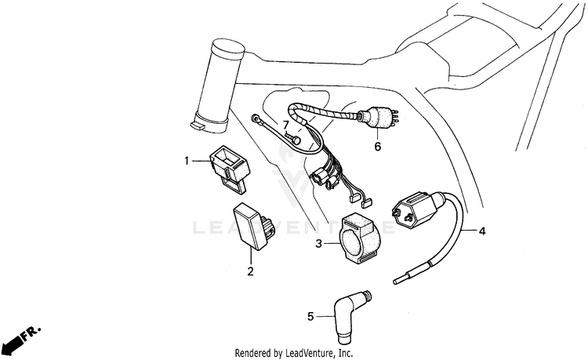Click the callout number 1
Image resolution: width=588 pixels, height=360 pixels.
tap(187, 162)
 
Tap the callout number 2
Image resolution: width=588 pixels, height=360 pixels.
tap(251, 272)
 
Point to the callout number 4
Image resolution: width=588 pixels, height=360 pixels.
tap(482, 231)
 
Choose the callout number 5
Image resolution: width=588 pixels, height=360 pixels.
tap(310, 317)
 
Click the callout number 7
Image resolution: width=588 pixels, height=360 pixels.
tap(285, 125)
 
